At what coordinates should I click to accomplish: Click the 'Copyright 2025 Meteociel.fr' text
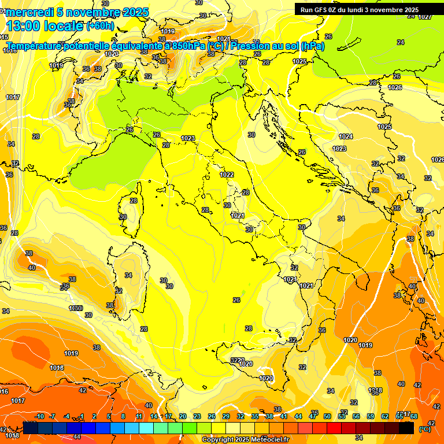click(245, 439)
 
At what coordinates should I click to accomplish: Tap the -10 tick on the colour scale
click(39, 416)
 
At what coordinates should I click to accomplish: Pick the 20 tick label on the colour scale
click(183, 416)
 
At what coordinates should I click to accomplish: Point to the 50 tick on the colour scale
click(327, 416)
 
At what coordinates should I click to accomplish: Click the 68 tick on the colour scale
click(414, 416)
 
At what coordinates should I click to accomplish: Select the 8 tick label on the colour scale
click(123, 416)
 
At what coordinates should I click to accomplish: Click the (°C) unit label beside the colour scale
click(425, 428)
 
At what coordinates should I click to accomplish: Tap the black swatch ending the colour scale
click(406, 428)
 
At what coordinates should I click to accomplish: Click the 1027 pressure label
click(425, 16)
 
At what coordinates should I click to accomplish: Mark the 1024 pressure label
click(346, 136)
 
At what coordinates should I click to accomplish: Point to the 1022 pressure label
click(227, 175)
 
